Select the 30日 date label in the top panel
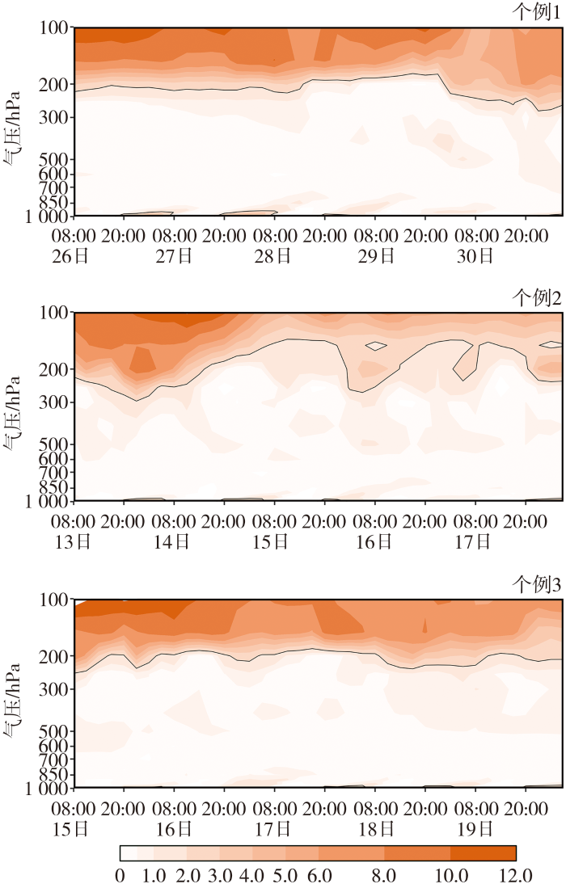click(475, 256)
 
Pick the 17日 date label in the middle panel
click(475, 542)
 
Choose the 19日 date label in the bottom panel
click(475, 828)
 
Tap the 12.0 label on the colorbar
click(515, 874)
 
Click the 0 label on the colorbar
click(120, 874)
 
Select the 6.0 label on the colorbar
click(318, 874)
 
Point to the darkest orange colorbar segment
click(483, 853)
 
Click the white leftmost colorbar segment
click(128, 853)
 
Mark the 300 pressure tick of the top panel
click(54, 118)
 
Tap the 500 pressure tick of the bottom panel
click(54, 731)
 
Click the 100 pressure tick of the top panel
click(54, 28)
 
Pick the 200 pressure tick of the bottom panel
click(54, 656)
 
